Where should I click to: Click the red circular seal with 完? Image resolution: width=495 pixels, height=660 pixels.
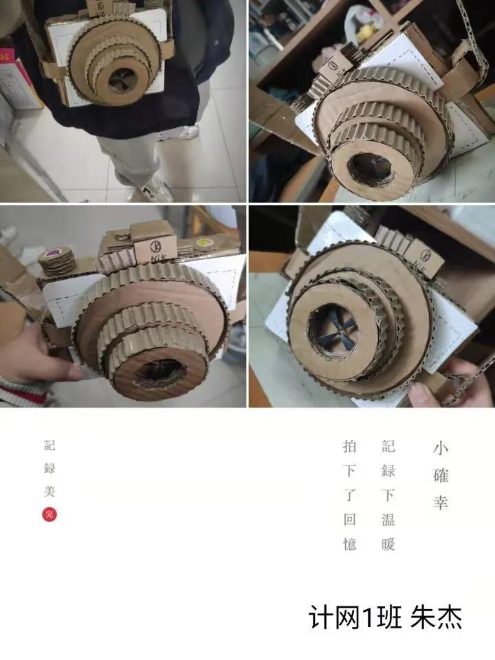(49, 514)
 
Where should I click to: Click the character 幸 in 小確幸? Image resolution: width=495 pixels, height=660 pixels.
(440, 502)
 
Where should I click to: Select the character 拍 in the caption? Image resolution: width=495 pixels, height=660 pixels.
(350, 446)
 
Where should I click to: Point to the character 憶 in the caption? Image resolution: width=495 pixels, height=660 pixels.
(350, 544)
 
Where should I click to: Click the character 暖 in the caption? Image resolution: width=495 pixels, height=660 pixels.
(388, 544)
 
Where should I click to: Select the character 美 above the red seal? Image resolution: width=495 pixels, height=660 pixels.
(49, 491)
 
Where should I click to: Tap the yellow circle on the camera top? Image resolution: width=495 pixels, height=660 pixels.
(203, 243)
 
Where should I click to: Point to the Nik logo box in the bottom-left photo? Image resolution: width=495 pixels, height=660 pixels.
(155, 247)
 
